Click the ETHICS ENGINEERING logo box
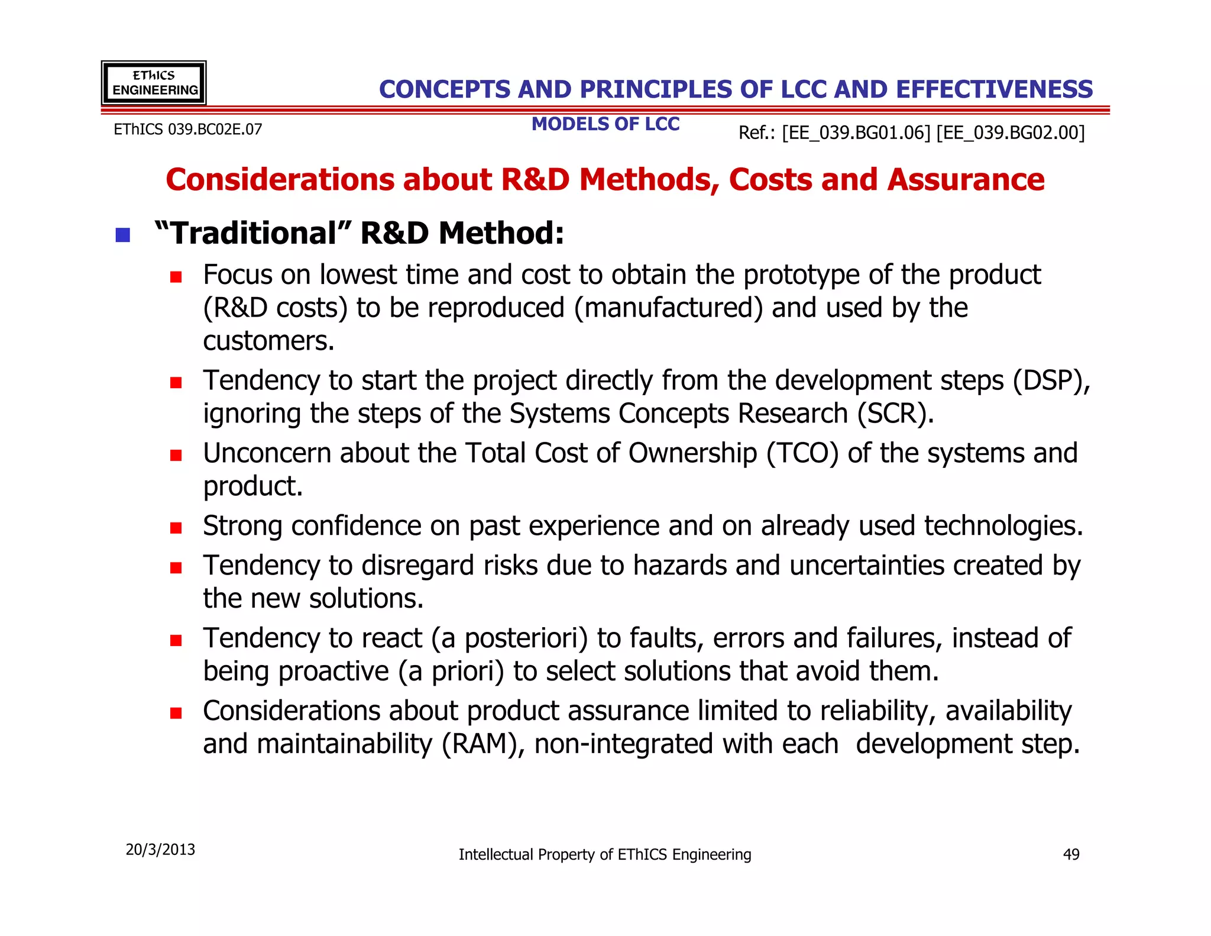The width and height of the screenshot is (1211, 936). pos(154,83)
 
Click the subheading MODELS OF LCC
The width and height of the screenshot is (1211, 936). pos(605,124)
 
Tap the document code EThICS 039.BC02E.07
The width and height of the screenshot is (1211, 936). pos(187,130)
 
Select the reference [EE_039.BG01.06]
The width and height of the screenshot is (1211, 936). pos(856,133)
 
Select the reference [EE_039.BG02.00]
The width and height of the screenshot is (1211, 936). pos(1011,133)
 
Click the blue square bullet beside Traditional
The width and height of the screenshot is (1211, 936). pos(122,235)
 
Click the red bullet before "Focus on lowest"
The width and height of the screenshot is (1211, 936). pos(176,277)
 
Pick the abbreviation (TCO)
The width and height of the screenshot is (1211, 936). pos(802,453)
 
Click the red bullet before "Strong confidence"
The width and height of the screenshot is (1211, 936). pos(176,528)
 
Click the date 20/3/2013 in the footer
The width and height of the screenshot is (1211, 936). pos(160,850)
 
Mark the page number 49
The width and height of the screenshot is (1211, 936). pos(1071,854)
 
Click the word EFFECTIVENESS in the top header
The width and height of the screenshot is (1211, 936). pos(994,90)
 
